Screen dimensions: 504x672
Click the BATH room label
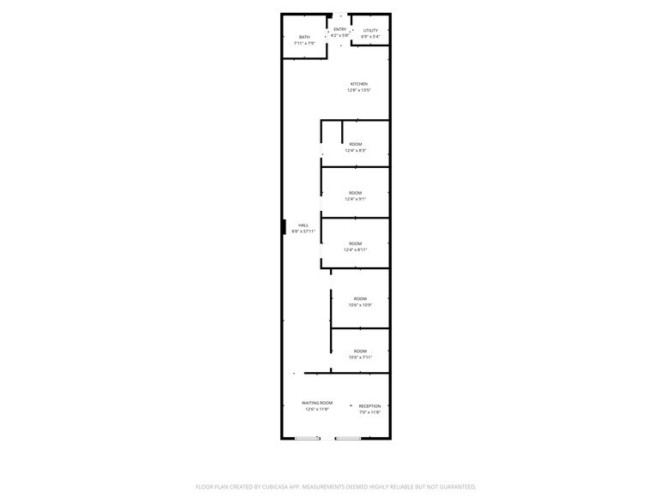click(x=304, y=37)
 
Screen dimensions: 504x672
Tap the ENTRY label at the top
click(x=340, y=29)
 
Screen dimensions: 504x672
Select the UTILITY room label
click(x=370, y=31)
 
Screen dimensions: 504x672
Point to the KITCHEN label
click(x=358, y=84)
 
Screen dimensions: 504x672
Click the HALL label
click(x=303, y=225)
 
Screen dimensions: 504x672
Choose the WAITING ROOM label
click(x=317, y=403)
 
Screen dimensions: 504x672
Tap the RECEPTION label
click(x=369, y=406)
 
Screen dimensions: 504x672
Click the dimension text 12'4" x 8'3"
click(x=356, y=151)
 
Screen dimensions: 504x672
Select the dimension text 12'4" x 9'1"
click(x=356, y=200)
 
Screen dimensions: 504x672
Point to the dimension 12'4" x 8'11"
click(x=356, y=250)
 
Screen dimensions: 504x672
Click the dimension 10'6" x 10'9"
click(x=360, y=305)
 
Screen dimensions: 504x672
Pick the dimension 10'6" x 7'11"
click(x=360, y=357)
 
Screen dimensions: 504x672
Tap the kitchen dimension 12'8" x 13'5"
click(x=358, y=90)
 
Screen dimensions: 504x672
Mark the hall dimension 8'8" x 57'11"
click(x=303, y=231)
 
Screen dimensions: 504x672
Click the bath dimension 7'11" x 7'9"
click(x=304, y=43)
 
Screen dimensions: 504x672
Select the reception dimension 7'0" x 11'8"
click(x=369, y=412)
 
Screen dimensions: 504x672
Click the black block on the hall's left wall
click(x=284, y=227)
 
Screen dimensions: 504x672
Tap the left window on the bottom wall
click(x=308, y=439)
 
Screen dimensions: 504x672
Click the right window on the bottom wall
click(x=348, y=439)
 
